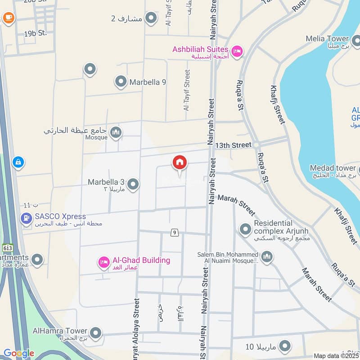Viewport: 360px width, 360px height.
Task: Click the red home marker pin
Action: (x=180, y=163)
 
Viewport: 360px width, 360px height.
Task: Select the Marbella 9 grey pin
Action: (x=120, y=82)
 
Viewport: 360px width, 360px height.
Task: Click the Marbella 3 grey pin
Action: (x=133, y=184)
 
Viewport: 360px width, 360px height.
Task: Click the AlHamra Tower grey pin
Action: (x=95, y=333)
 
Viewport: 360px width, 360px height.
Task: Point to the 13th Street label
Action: (x=233, y=145)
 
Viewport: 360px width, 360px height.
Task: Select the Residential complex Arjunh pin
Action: (x=245, y=229)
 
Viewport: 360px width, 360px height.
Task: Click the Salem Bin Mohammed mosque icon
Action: (x=267, y=257)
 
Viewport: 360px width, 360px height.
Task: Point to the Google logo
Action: (x=18, y=353)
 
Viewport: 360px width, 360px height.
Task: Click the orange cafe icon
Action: (x=8, y=18)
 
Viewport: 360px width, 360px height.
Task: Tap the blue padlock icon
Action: (x=18, y=162)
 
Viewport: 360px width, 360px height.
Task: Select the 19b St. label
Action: (x=36, y=33)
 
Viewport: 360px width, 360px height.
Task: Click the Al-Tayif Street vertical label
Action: (x=187, y=90)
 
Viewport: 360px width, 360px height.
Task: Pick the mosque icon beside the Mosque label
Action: (x=116, y=132)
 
